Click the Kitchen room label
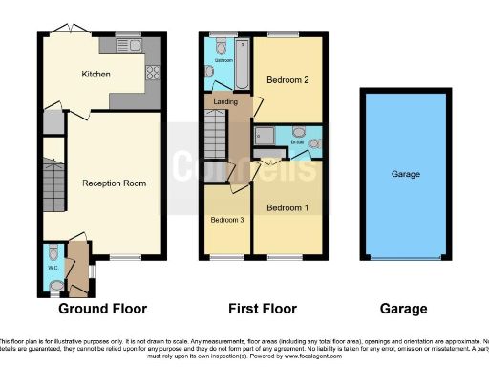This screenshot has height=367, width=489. (x=96, y=74)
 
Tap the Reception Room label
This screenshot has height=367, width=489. (x=114, y=183)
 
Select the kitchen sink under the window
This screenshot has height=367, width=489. (x=127, y=42)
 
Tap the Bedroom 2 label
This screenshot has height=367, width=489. (x=287, y=79)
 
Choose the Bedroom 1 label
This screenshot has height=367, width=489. (x=287, y=208)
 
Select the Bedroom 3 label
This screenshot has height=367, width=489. (x=226, y=220)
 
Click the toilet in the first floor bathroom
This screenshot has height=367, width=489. (x=221, y=45)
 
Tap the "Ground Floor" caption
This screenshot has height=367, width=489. (x=102, y=309)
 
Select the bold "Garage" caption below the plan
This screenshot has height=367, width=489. (x=402, y=309)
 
